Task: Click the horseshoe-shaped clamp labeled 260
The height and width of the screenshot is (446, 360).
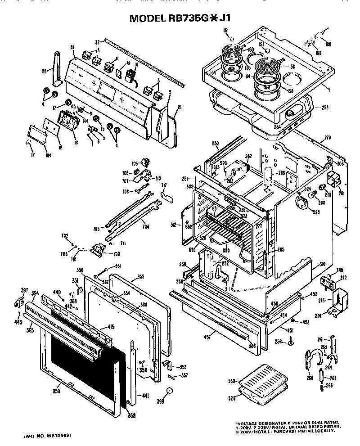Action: coord(315,360)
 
